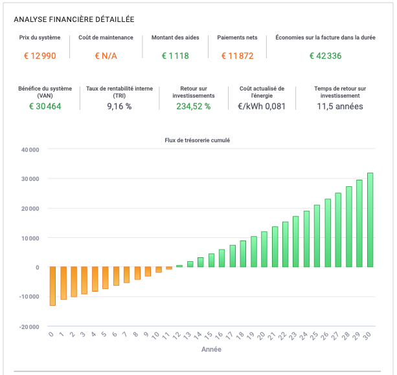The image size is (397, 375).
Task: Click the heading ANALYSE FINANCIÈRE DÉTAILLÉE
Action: click(x=74, y=20)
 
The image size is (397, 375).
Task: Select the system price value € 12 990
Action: click(x=40, y=56)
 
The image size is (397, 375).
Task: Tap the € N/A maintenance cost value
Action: click(x=106, y=56)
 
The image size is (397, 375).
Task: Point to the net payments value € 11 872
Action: click(x=237, y=56)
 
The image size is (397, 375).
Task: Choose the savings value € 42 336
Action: click(x=325, y=56)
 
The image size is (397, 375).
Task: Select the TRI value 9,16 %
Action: click(x=119, y=106)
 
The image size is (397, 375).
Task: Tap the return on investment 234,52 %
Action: click(x=194, y=106)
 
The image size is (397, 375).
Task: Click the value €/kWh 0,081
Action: click(x=262, y=106)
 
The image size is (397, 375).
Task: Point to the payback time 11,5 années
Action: click(x=340, y=106)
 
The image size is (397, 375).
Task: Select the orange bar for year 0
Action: click(x=52, y=286)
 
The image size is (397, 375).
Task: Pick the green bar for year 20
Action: click(x=264, y=249)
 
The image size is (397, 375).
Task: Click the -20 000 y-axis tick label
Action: click(x=29, y=327)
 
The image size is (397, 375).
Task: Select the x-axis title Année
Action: click(x=210, y=349)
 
